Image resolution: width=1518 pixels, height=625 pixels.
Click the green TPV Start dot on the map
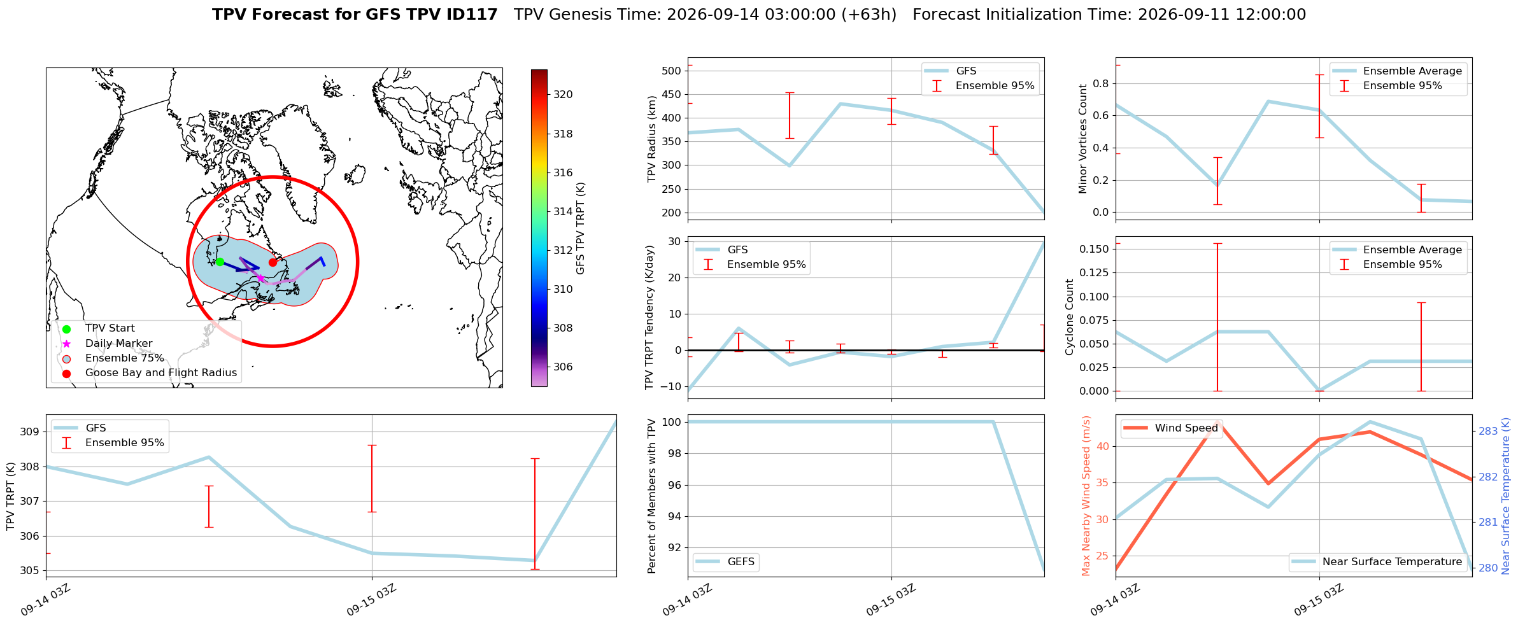(x=220, y=262)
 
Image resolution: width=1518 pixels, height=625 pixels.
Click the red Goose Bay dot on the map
(x=273, y=262)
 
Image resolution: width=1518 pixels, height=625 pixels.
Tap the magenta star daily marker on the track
(x=260, y=278)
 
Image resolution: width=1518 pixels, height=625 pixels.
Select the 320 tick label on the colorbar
(x=563, y=94)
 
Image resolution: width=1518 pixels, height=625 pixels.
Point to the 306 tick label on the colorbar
(x=563, y=367)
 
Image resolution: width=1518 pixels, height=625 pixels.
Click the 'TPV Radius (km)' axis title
(x=651, y=139)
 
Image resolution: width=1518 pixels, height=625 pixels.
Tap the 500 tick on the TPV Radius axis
(x=671, y=71)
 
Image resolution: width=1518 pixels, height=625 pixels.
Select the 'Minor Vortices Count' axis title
(x=1083, y=139)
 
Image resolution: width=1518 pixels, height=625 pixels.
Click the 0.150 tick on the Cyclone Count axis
(x=1093, y=249)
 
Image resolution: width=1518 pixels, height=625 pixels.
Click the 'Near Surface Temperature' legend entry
(x=1377, y=562)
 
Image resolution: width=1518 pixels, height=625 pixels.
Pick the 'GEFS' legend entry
(x=725, y=562)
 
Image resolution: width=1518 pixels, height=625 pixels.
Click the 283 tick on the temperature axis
(x=1488, y=431)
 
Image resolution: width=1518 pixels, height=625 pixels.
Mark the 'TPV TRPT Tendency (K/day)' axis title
(x=649, y=318)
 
